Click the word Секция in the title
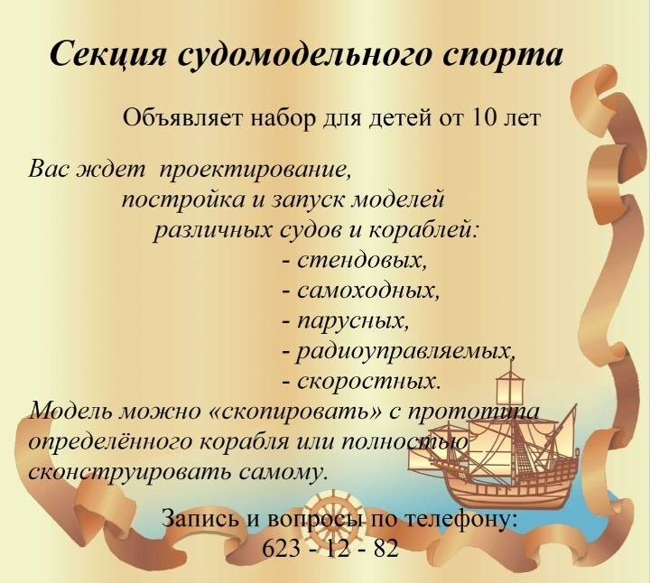coord(107,53)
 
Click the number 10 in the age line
coord(484,118)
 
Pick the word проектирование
coord(255,171)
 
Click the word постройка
coord(183,200)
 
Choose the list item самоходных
coord(367,291)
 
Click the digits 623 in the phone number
coord(281,549)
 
